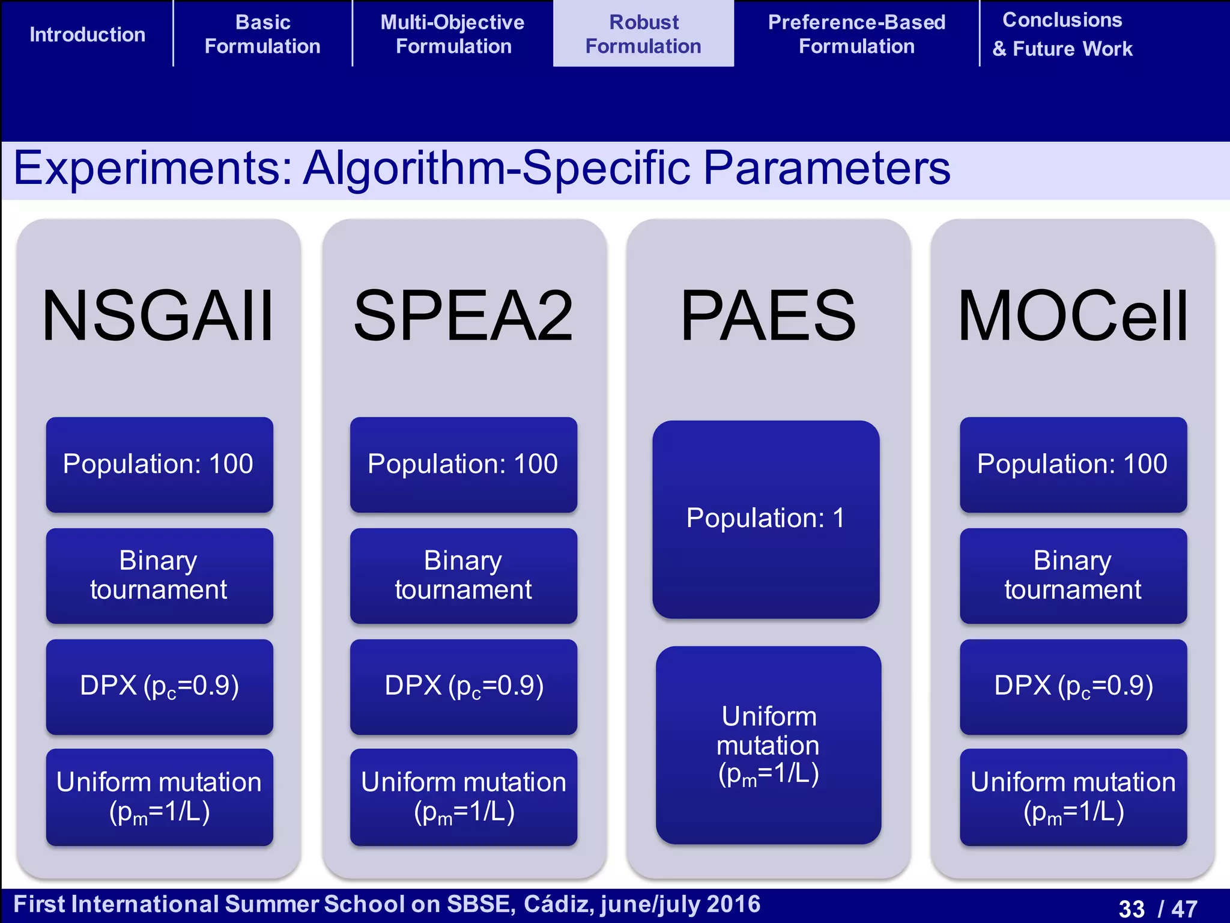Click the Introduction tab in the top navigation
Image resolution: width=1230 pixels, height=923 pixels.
coord(87,34)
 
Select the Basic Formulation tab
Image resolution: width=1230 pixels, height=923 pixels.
coord(262,34)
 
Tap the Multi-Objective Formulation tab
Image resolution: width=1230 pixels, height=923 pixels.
coord(453,34)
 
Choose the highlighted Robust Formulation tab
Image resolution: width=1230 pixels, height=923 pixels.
coord(643,34)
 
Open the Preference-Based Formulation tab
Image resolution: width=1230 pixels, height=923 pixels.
coord(856,34)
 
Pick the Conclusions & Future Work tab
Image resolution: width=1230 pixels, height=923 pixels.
coord(1062,34)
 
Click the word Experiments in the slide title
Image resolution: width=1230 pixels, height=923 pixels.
coord(153,169)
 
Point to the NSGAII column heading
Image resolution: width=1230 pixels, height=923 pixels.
coord(158,315)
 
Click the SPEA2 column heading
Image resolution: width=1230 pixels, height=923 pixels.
coord(463,315)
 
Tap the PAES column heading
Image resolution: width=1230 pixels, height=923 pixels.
coord(768,315)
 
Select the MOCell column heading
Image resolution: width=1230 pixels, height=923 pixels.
coord(1073,315)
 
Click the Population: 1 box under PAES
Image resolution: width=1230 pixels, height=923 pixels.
coord(766,519)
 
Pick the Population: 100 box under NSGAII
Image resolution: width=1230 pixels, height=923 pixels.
coord(159,465)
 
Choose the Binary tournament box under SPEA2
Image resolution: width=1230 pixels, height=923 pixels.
coord(463,575)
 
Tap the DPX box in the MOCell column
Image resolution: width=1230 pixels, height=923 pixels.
coord(1073,686)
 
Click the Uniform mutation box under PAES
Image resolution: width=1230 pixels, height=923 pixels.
coord(768,745)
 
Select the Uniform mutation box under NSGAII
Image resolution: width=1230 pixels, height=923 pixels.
coord(159,797)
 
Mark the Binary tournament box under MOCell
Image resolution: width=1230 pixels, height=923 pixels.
coord(1073,575)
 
